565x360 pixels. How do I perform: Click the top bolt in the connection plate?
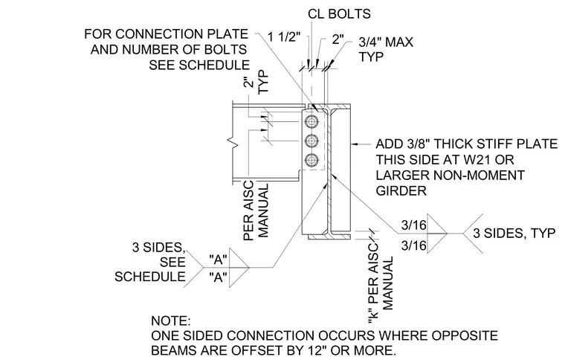tap(311, 122)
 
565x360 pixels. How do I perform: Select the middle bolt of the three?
tap(311, 141)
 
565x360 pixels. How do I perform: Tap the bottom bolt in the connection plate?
tap(311, 160)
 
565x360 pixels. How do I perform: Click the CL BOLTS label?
tap(339, 13)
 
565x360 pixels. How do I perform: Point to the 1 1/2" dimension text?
tap(284, 36)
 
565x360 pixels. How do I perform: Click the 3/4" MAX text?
tap(386, 42)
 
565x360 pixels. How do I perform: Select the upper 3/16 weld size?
tap(413, 225)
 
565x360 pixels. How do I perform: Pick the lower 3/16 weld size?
tap(413, 245)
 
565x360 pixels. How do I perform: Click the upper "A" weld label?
tap(218, 259)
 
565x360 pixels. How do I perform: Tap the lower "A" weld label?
tap(218, 277)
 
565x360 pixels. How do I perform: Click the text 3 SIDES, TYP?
tap(514, 233)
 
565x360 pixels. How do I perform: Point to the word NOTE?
tap(171, 321)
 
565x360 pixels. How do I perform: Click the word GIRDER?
tap(401, 190)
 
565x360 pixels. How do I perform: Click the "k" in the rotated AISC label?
tap(373, 315)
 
